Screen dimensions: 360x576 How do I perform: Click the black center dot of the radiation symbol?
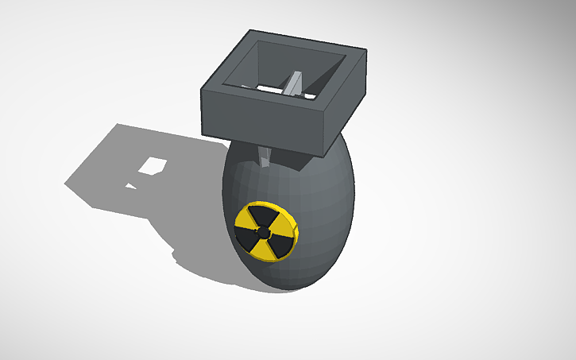click(265, 231)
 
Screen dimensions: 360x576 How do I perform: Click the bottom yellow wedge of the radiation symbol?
click(261, 249)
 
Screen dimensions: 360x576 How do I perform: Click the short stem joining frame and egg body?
click(265, 157)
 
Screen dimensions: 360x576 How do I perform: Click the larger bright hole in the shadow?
click(152, 165)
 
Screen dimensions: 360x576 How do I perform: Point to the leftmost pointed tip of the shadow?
click(65, 184)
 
